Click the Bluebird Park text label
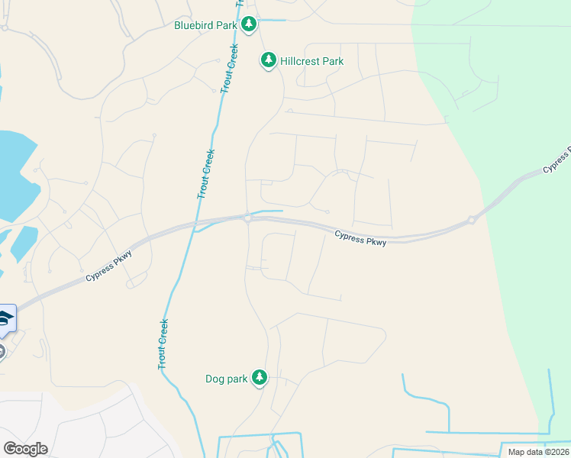tap(205, 25)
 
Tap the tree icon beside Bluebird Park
tap(248, 25)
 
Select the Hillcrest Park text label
tap(311, 61)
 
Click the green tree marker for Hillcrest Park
tap(268, 60)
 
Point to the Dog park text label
tap(227, 379)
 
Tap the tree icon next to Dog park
tap(260, 377)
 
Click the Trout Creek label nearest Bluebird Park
tap(229, 69)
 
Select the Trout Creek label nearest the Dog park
tap(163, 345)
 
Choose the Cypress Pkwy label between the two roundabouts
tap(360, 239)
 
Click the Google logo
tap(25, 449)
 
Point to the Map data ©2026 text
tap(537, 452)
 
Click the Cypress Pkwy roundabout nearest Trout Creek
tap(248, 218)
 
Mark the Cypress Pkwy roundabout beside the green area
tap(472, 220)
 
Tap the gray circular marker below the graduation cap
tap(2, 351)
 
